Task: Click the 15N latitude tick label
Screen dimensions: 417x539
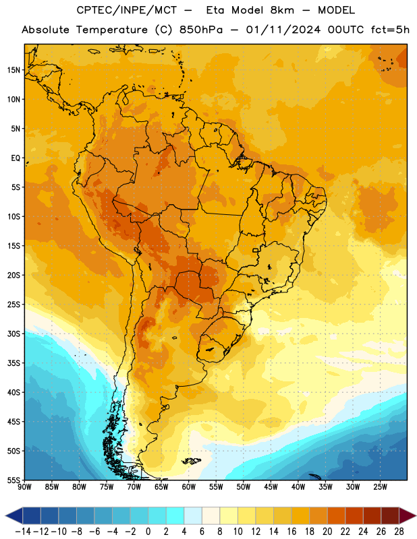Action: [13, 70]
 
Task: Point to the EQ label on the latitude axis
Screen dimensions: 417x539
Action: [16, 158]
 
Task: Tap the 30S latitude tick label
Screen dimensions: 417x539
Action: [13, 334]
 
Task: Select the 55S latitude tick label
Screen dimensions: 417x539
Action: [13, 480]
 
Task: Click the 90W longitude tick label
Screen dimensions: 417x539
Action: [24, 486]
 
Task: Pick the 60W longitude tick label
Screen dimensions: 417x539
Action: [189, 486]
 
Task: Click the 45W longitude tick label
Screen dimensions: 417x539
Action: [271, 486]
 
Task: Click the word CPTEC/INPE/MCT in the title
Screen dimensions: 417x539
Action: [127, 10]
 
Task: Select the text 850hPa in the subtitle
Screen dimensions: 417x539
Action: [201, 30]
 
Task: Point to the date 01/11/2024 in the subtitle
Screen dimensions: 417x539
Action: [283, 30]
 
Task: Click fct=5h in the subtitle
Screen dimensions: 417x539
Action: [390, 30]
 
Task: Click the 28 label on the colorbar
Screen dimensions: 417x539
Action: [399, 532]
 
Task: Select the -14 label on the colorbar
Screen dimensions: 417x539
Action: [23, 532]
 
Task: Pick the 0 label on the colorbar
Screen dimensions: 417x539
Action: [148, 532]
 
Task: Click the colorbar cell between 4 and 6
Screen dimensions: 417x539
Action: [193, 515]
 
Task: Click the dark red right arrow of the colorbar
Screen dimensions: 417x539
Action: [407, 515]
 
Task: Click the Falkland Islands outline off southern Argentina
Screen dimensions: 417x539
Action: [192, 461]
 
